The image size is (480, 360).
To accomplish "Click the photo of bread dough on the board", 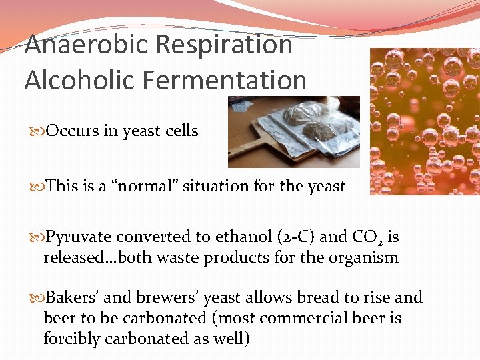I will pyautogui.click(x=293, y=132).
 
